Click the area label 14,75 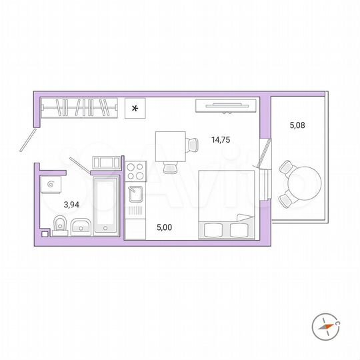pos(221,140)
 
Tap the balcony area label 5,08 pos(297,123)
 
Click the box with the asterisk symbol pos(135,107)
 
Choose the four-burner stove pos(135,171)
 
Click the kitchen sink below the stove pos(135,194)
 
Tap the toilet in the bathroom pos(59,225)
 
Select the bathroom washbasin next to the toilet pos(81,226)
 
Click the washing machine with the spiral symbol pos(51,181)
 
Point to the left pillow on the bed pos(213,229)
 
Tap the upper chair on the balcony pos(286,167)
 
